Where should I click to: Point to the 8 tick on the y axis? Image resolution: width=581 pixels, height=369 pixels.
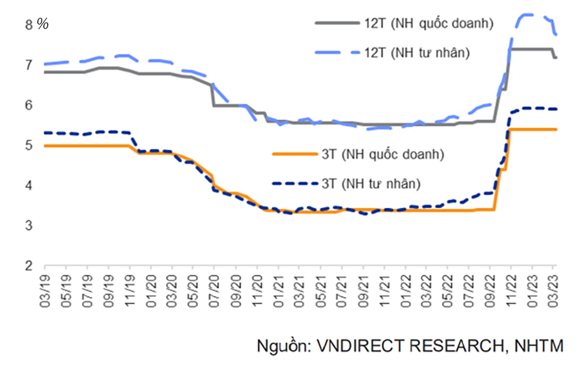(28, 25)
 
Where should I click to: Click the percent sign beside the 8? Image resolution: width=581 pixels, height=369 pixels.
(43, 25)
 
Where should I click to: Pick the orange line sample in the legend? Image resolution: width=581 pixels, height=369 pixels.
(294, 154)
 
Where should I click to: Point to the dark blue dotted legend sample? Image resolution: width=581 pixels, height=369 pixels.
(294, 184)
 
